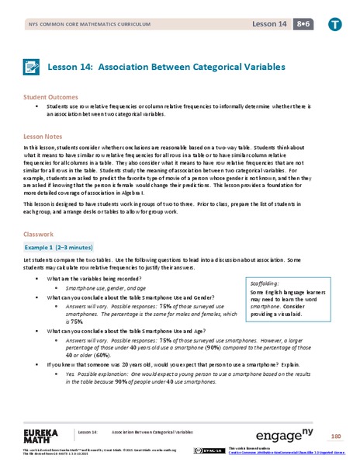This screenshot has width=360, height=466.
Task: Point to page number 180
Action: pyautogui.click(x=335, y=434)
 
